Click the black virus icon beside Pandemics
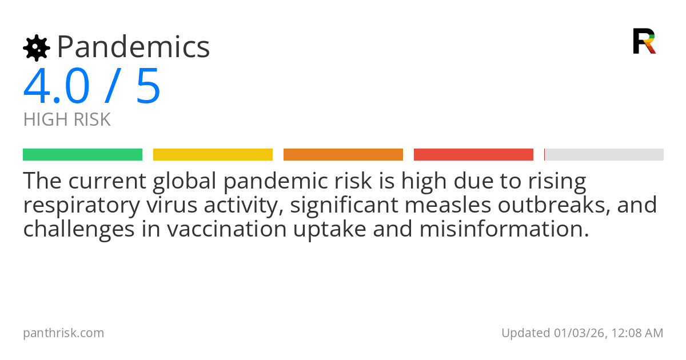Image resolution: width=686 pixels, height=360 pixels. pos(36,48)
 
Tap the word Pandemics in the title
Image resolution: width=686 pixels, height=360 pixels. pos(134,47)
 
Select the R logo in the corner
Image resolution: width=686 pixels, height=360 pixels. pos(644,41)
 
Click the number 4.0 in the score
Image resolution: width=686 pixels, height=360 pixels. pos(57,87)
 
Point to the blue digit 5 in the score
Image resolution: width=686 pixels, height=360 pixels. pos(148,87)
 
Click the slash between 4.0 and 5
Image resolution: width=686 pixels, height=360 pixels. pos(113,87)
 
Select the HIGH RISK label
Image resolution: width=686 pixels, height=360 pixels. pos(67,119)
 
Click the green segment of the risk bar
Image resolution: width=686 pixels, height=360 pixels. pos(82,155)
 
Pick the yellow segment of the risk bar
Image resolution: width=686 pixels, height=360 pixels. pos(213,155)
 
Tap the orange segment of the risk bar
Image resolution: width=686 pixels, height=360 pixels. pos(343,155)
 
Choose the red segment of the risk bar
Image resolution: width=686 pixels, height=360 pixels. pos(473,155)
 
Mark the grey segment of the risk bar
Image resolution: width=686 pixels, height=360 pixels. pos(604,155)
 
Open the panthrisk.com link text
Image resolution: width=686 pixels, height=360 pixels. pos(63,333)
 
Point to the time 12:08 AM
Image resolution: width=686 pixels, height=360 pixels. pos(637,333)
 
